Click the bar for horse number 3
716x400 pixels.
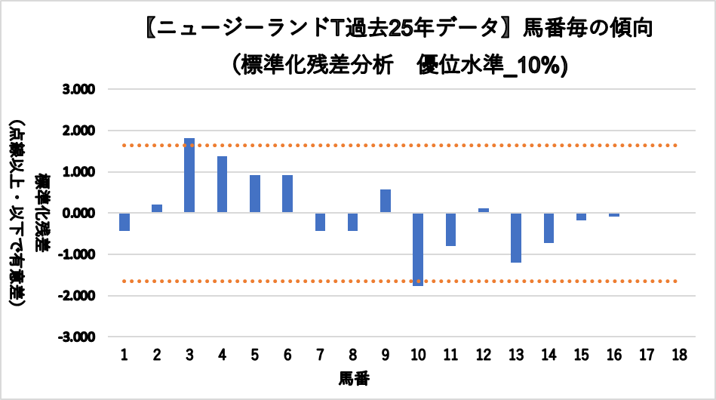pyautogui.click(x=189, y=175)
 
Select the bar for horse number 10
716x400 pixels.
pyautogui.click(x=418, y=249)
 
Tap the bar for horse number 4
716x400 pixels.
pyautogui.click(x=222, y=184)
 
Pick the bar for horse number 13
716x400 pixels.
pyautogui.click(x=516, y=237)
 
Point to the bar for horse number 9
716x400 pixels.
pyautogui.click(x=386, y=201)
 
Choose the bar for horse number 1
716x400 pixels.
pyautogui.click(x=124, y=221)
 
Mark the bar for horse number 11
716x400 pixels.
pyautogui.click(x=450, y=229)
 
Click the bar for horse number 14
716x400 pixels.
pyautogui.click(x=549, y=227)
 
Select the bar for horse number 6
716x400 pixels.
pyautogui.click(x=287, y=193)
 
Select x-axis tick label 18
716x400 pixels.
pyautogui.click(x=679, y=355)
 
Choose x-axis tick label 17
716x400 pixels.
pyautogui.click(x=647, y=355)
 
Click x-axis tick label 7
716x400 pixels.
pyautogui.click(x=320, y=355)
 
